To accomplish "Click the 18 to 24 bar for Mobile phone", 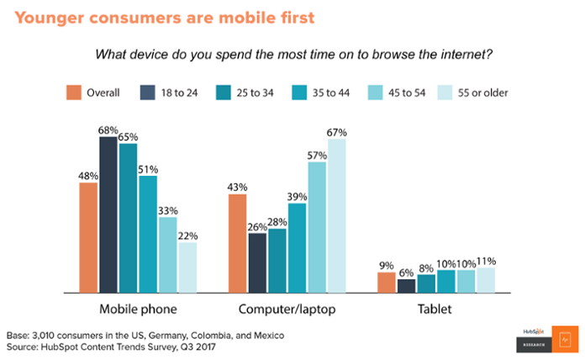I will [x=108, y=214].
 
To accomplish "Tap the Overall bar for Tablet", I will [x=386, y=283].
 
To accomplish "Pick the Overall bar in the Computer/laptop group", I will [x=237, y=243].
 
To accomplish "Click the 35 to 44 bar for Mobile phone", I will [x=148, y=234].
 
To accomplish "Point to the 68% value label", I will [x=109, y=130].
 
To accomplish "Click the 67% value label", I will [x=337, y=132].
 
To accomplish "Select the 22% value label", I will [x=187, y=236].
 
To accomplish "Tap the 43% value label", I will [x=237, y=187].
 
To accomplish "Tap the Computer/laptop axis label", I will [x=287, y=310].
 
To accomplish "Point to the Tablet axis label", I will [x=436, y=310].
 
